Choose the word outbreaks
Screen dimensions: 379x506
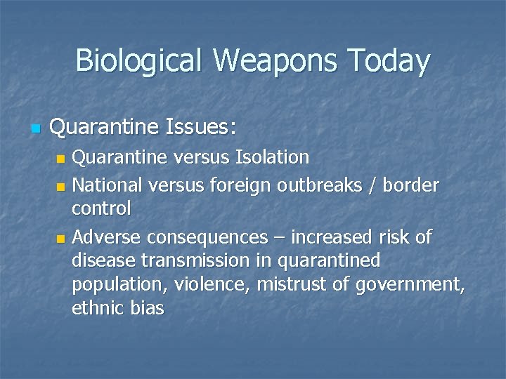tap(323, 185)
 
